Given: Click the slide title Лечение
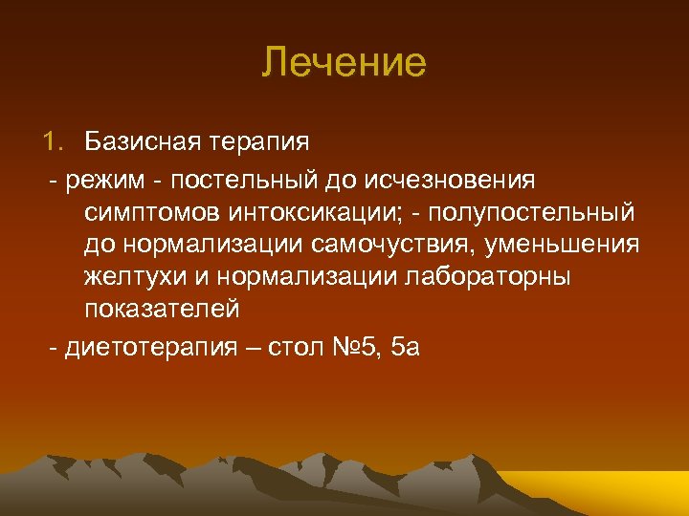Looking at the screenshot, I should tap(344, 63).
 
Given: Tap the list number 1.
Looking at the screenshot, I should tap(51, 142).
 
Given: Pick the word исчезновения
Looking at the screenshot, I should tap(464, 178).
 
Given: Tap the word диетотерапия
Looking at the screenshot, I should tap(145, 344).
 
